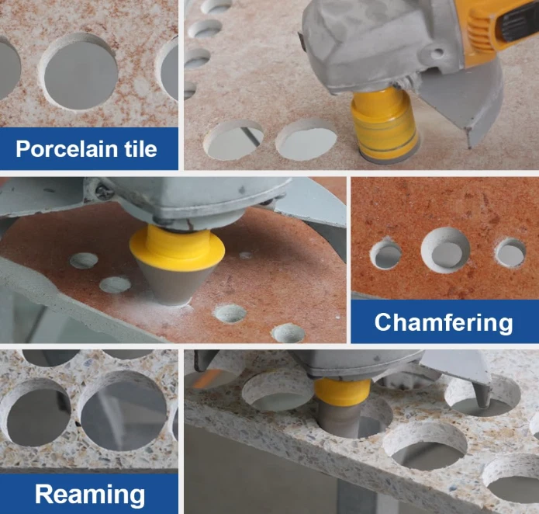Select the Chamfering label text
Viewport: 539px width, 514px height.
coord(444,323)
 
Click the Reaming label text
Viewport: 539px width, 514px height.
coord(90,495)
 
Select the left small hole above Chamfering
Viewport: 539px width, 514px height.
coord(385,254)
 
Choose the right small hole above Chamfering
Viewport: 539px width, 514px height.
coord(510,253)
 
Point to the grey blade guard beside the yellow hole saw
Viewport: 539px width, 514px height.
coord(464,100)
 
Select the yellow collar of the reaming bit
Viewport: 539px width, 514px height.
coord(342,391)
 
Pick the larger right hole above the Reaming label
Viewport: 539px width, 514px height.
coord(123,411)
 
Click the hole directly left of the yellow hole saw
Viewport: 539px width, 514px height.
coord(306,138)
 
